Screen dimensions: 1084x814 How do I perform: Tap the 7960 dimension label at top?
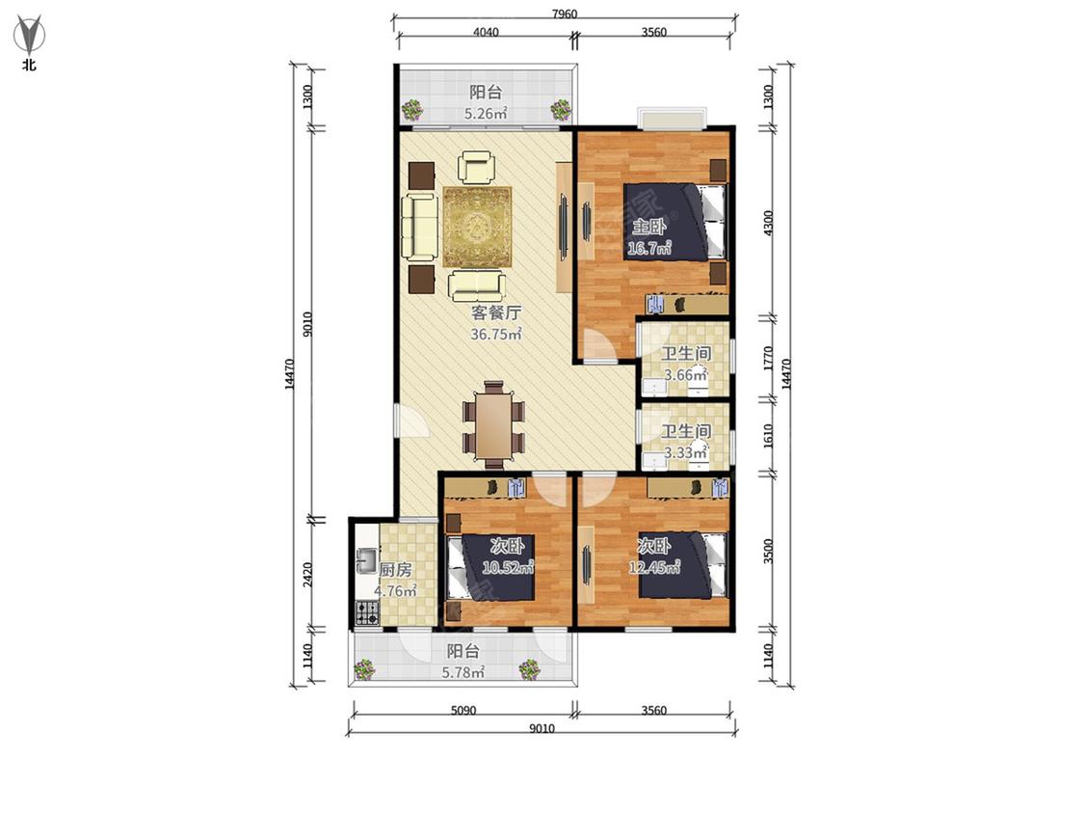point(564,14)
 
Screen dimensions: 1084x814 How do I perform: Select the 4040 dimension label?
point(486,32)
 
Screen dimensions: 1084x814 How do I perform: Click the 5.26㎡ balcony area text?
point(486,114)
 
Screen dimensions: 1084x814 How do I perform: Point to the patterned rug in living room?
point(477,227)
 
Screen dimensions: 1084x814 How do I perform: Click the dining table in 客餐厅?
point(493,425)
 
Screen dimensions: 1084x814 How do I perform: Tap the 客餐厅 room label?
point(496,312)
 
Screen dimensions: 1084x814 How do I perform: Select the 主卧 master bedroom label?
point(649,227)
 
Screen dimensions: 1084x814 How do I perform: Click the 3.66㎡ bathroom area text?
point(685,375)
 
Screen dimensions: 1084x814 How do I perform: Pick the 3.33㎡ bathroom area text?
point(685,452)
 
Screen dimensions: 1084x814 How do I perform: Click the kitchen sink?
point(366,559)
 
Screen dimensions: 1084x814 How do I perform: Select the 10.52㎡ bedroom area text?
point(508,568)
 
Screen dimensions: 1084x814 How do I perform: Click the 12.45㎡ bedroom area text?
point(654,568)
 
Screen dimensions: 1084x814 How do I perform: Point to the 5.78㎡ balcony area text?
point(463,671)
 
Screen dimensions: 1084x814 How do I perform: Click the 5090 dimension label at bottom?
point(463,710)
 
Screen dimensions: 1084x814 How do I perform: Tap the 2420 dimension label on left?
point(308,575)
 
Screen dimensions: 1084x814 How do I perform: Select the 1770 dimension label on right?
point(768,359)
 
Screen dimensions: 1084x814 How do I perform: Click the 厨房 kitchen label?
point(395,570)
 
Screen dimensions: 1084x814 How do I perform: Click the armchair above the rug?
point(476,168)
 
